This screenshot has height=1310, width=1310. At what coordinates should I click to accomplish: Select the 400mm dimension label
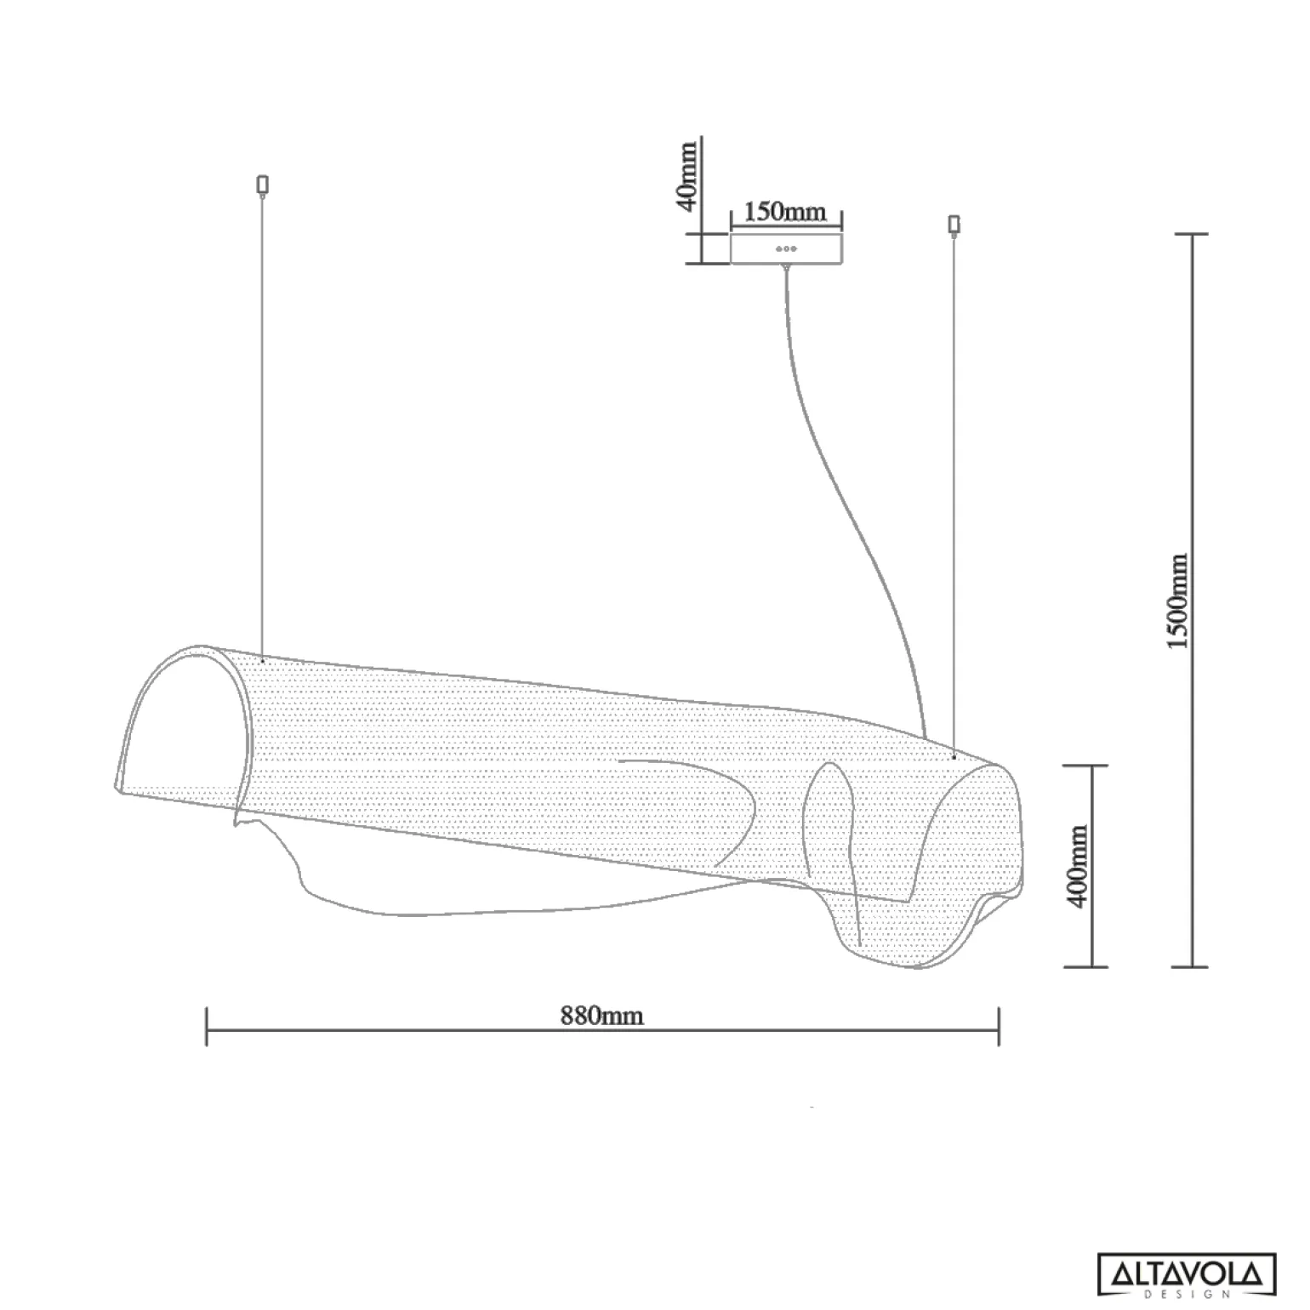pos(1078,866)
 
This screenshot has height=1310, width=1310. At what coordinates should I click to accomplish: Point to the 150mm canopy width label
pos(785,211)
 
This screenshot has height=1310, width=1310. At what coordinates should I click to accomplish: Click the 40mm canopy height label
pos(687,176)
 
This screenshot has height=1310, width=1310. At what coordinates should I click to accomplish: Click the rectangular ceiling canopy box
pos(786,248)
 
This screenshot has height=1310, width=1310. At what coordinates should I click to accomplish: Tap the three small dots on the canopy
pos(786,249)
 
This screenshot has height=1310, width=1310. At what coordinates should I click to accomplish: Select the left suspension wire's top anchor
pos(262,184)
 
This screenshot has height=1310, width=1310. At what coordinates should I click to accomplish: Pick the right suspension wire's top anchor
pos(954,225)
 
